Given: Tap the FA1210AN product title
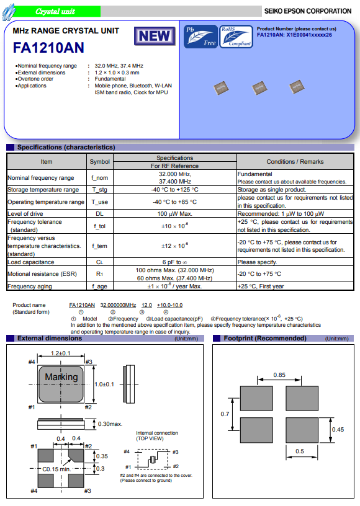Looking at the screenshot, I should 48,48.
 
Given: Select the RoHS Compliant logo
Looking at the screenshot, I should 236,35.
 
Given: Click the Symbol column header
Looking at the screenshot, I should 99,162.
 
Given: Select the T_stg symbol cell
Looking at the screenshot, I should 99,190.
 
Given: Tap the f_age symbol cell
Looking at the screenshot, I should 99,286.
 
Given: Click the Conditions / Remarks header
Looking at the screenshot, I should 295,162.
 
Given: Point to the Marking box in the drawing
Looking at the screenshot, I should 61,377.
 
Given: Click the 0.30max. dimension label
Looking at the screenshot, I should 110,424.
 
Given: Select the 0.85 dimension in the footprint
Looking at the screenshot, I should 279,375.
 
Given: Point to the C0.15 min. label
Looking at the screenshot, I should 56,469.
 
